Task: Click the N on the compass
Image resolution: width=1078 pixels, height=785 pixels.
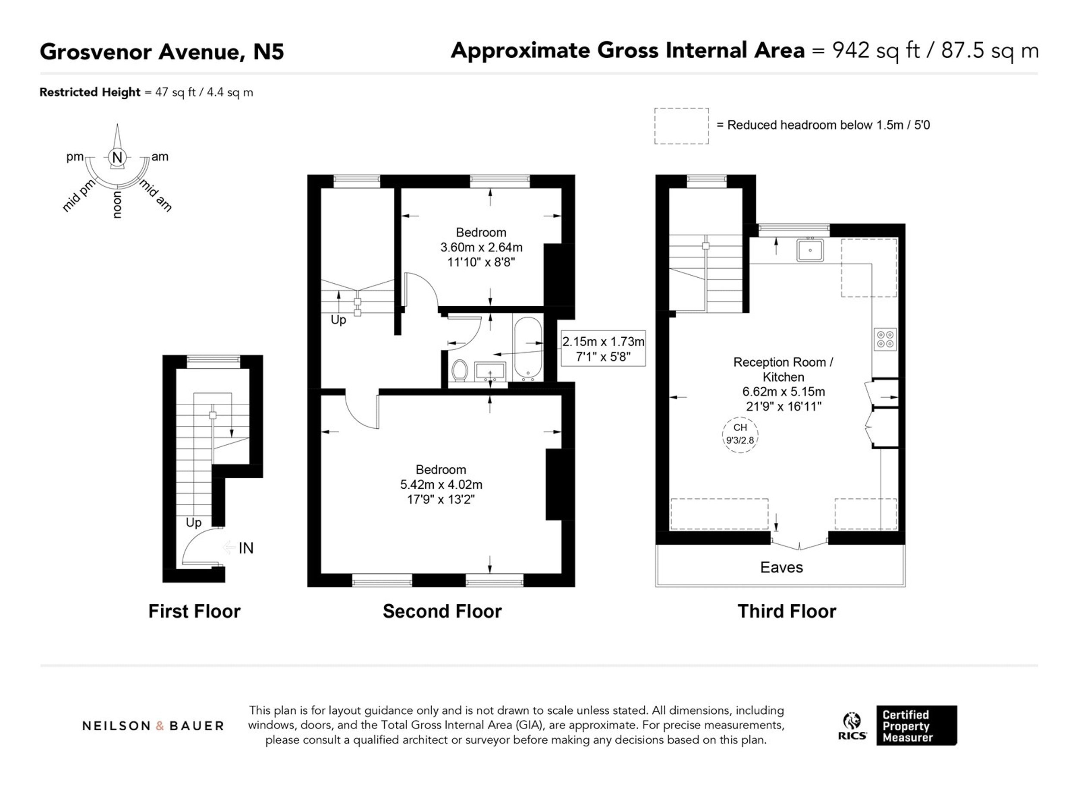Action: (x=117, y=157)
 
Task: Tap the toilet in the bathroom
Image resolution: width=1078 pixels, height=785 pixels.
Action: (x=460, y=371)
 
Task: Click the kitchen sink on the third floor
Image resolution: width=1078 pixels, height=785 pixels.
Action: (x=810, y=249)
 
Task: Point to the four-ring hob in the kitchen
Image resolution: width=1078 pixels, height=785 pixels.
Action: (x=884, y=339)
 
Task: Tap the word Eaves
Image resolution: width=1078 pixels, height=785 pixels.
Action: (x=781, y=567)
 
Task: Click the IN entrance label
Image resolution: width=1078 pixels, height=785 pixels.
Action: (x=246, y=548)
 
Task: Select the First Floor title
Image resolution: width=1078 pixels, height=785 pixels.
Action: (x=194, y=611)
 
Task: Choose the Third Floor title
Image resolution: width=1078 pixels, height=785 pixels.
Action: (x=787, y=611)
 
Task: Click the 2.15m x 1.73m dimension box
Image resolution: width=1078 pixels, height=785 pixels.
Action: (x=603, y=349)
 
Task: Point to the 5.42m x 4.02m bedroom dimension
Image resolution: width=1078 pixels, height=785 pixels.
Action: (x=441, y=484)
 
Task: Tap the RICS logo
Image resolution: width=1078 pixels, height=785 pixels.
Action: (x=852, y=726)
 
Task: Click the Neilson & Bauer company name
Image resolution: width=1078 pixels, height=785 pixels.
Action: (x=153, y=726)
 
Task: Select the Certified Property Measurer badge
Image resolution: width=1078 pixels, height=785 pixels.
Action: (x=916, y=725)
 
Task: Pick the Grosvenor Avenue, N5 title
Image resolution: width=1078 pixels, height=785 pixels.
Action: (x=162, y=51)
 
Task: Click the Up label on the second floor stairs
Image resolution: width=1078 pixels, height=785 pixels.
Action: (x=338, y=320)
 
